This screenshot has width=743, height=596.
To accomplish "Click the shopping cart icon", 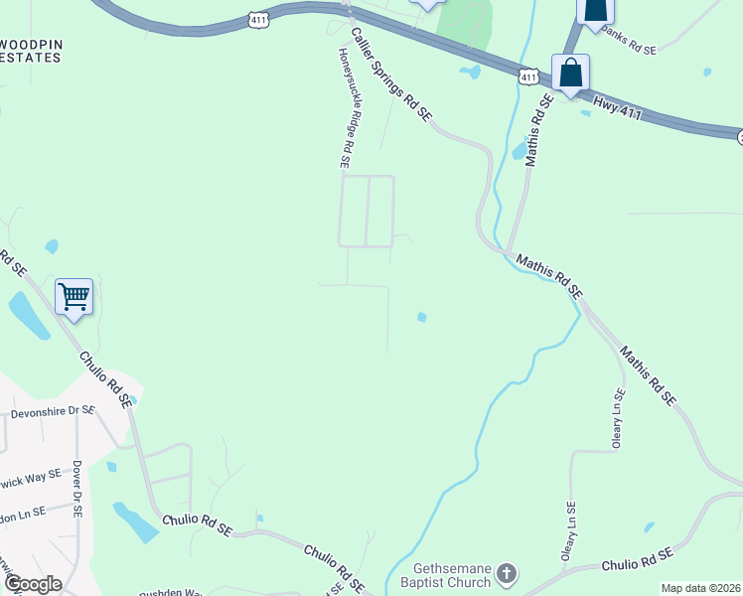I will pyautogui.click(x=74, y=296).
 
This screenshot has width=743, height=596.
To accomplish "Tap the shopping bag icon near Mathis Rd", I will pyautogui.click(x=570, y=73).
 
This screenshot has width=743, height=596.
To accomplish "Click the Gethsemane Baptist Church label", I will pyautogui.click(x=452, y=575).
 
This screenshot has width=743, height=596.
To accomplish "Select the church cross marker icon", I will pyautogui.click(x=507, y=573).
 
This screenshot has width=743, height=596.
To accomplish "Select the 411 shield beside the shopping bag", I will pyautogui.click(x=528, y=75).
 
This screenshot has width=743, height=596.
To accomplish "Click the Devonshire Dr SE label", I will pyautogui.click(x=52, y=410).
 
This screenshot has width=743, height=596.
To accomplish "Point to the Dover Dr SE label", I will pyautogui.click(x=75, y=487).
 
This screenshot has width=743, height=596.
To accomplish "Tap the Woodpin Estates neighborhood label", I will pyautogui.click(x=30, y=51).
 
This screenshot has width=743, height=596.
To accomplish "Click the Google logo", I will pyautogui.click(x=33, y=584).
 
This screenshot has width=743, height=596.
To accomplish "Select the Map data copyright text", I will pyautogui.click(x=701, y=588).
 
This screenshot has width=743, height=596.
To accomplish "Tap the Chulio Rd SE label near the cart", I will pyautogui.click(x=105, y=379).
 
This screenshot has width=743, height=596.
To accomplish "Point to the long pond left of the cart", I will pyautogui.click(x=29, y=316).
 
